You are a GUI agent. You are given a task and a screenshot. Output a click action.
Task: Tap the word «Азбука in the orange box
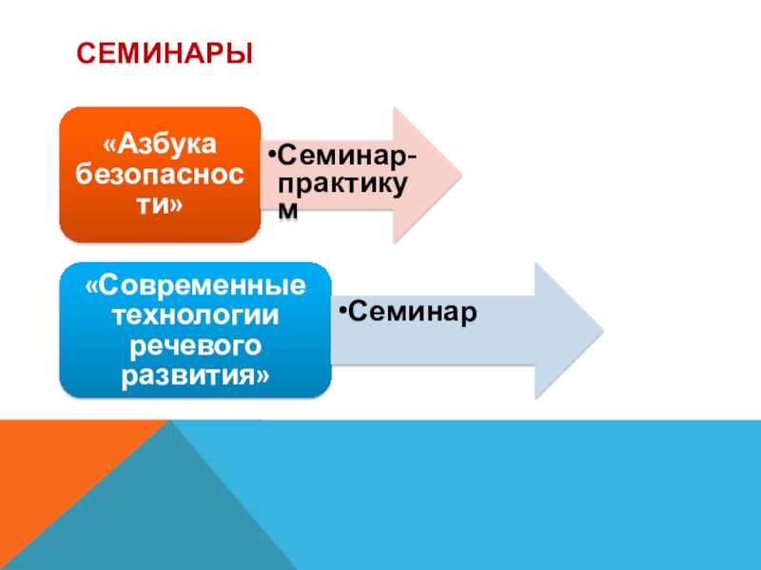pos(160,145)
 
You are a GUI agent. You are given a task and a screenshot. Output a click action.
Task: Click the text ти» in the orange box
pos(160,204)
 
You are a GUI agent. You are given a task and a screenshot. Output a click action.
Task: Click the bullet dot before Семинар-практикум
pos(270,155)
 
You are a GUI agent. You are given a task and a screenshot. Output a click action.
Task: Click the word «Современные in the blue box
pos(196,286)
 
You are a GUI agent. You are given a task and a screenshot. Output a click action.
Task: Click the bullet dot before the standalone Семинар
pos(342,310)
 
